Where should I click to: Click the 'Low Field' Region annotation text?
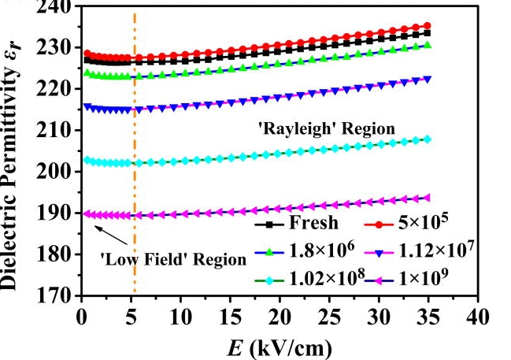pos(174,257)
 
